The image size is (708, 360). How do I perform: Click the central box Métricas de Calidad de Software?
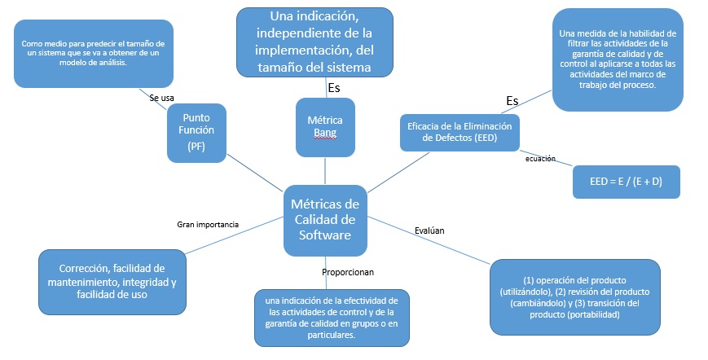pos(324,219)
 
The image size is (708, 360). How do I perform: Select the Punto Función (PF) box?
pos(196,131)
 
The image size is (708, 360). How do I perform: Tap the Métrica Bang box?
pos(325,125)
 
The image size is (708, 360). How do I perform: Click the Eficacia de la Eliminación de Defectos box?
pos(460,131)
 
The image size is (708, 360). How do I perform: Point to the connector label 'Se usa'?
pos(161,98)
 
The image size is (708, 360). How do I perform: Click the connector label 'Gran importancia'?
pos(208,223)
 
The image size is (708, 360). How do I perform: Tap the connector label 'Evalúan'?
pos(429,230)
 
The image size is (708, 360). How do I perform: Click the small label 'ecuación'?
pos(539,159)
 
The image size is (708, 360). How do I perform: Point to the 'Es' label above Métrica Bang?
pos(333,87)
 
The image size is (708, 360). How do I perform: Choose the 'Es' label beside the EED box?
pos(512,100)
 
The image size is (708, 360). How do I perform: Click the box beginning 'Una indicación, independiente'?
pos(314,42)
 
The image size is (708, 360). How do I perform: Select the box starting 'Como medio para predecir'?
pos(94,53)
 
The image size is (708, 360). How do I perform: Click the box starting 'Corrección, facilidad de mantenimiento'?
pos(112,281)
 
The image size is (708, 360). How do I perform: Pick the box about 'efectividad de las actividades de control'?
pos(332,317)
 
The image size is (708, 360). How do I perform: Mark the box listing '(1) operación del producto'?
pos(574,296)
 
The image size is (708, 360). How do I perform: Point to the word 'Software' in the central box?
pos(324,235)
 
